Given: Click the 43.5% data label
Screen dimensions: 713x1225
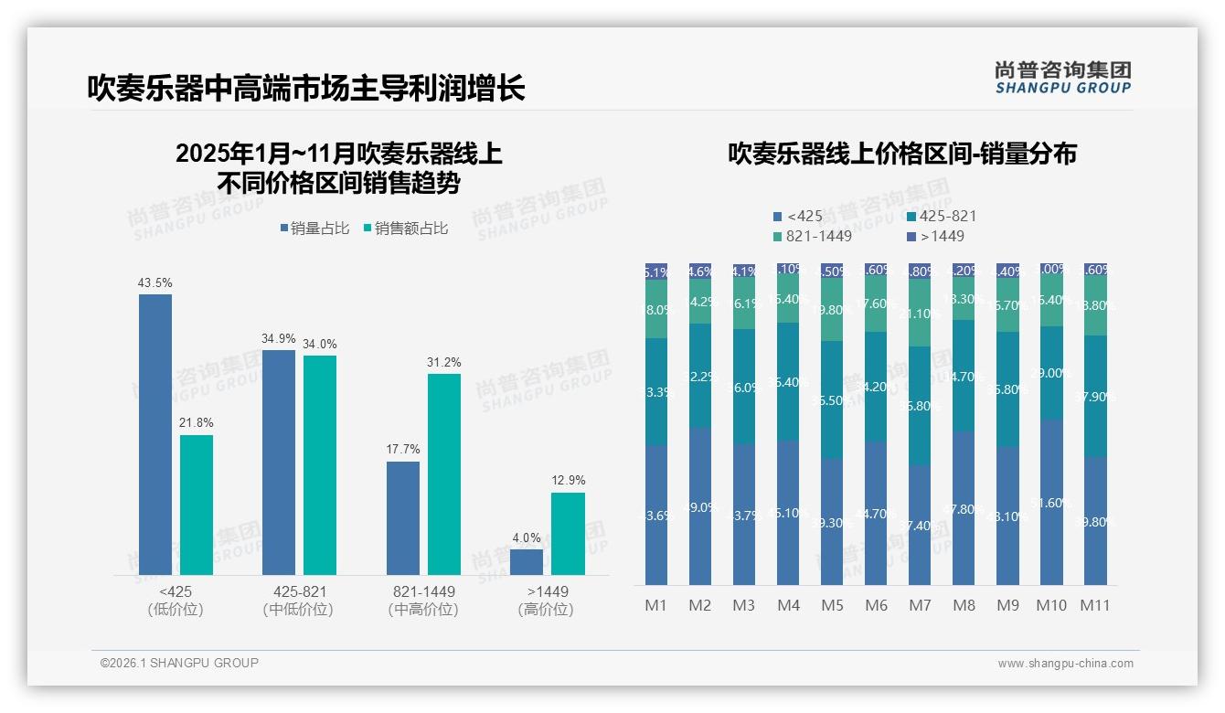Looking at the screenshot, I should [x=154, y=283].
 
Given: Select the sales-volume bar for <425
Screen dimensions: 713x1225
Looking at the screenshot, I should [x=155, y=434].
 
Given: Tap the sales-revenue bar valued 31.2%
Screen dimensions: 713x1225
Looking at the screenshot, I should [x=443, y=474].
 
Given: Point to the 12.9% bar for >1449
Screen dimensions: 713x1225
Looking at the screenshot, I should [x=568, y=534].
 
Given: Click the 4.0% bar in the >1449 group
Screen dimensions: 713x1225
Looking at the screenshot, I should [x=527, y=561].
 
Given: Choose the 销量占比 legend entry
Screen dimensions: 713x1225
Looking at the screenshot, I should [x=314, y=229].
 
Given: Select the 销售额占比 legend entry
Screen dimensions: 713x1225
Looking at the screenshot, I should [x=406, y=229].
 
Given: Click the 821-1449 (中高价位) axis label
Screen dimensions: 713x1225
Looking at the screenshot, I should [x=422, y=601].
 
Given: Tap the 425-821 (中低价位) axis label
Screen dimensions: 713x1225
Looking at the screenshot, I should [x=298, y=601].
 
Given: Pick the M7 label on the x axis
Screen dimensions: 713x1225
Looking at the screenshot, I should [x=920, y=605].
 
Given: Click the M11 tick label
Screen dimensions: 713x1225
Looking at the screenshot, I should [x=1095, y=605].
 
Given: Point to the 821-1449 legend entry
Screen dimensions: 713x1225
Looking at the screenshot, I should [x=813, y=236].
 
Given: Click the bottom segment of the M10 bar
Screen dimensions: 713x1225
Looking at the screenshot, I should [x=1051, y=502].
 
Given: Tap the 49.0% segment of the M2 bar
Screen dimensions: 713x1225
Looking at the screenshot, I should [x=700, y=505].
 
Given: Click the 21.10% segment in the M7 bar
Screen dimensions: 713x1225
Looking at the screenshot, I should [x=920, y=313].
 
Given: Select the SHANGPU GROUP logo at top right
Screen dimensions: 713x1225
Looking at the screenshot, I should [x=1062, y=78].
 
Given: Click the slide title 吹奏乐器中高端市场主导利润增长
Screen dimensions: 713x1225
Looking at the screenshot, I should [x=306, y=89].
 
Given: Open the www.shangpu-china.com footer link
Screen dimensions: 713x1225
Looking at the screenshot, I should [x=1065, y=664].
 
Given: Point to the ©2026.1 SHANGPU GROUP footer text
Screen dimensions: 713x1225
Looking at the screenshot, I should [x=179, y=663].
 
